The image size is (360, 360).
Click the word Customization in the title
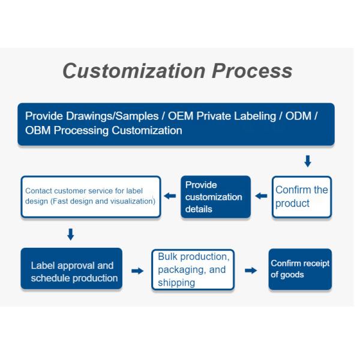[134, 71]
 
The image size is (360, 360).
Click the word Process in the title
[252, 71]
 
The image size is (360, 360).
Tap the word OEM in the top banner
[181, 116]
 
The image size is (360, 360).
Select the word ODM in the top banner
[298, 116]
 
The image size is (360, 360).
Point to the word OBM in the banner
[38, 130]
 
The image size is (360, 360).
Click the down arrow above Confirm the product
[308, 161]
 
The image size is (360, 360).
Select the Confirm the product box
[302, 197]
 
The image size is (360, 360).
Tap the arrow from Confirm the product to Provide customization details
[261, 196]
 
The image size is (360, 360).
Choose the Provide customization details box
[215, 197]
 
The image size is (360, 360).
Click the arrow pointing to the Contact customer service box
[170, 196]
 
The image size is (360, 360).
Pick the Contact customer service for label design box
[91, 197]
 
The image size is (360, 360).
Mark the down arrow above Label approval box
[71, 234]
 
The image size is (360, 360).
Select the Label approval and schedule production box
[71, 268]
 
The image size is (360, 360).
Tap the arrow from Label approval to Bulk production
[137, 271]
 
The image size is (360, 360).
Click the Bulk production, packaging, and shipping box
[193, 269]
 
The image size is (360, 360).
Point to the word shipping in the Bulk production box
[176, 283]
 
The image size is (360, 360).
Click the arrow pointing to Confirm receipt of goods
[251, 271]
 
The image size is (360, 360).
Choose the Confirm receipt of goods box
[300, 269]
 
